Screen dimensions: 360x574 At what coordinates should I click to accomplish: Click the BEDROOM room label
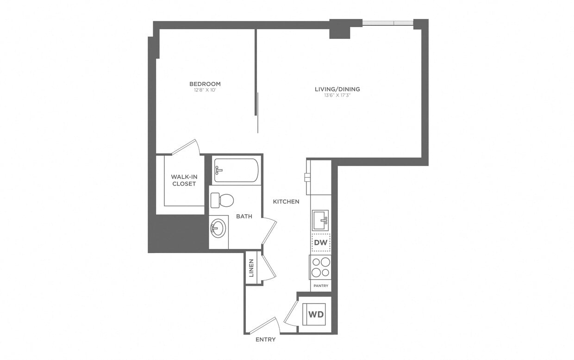(205, 84)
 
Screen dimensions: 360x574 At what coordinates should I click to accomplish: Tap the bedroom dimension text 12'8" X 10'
(205, 90)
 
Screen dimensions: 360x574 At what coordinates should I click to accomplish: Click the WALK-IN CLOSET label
(183, 180)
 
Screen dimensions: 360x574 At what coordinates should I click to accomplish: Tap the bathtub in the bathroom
(237, 170)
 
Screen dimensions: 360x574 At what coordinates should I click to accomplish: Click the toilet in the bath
(222, 200)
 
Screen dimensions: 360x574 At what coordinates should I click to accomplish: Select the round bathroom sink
(218, 228)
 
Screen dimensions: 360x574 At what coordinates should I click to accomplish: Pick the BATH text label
(244, 216)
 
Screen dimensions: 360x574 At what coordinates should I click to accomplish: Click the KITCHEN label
(286, 201)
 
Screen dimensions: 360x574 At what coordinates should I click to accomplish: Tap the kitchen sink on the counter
(320, 220)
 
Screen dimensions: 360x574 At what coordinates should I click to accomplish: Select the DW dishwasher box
(320, 242)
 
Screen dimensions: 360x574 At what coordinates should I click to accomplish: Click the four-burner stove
(320, 267)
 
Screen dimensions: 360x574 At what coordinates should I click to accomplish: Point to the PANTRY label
(321, 286)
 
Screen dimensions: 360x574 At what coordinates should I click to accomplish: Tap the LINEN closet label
(251, 268)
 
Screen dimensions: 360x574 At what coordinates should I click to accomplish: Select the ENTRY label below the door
(265, 339)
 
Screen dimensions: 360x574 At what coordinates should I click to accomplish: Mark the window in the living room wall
(387, 23)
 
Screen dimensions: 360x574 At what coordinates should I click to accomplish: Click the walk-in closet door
(186, 147)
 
